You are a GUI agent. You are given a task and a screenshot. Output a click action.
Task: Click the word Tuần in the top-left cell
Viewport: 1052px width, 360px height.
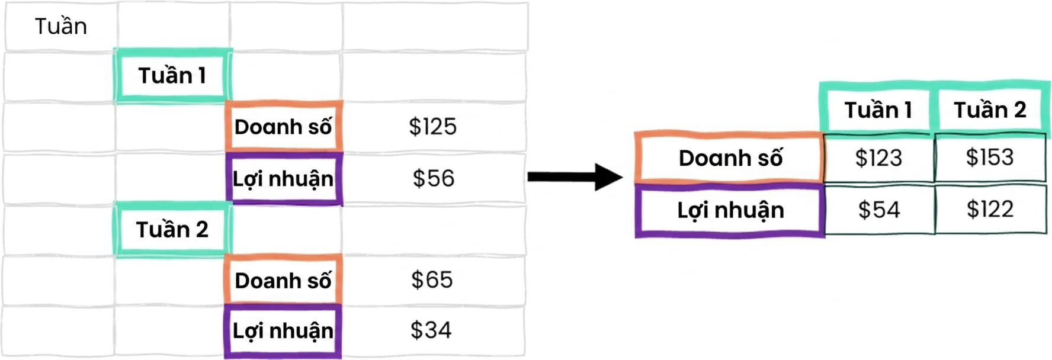(60, 26)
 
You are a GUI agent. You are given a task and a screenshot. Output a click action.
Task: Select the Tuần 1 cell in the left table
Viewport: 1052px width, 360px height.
(172, 75)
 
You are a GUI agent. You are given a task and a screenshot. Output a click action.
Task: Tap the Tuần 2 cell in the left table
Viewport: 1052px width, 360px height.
(172, 229)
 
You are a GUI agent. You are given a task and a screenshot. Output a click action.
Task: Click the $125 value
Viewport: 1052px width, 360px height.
(433, 127)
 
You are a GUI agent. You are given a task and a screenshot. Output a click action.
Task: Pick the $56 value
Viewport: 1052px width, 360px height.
(434, 178)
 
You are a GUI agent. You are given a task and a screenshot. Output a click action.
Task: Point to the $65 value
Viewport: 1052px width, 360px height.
(432, 279)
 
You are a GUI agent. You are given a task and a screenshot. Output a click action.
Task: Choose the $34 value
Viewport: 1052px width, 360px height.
(431, 330)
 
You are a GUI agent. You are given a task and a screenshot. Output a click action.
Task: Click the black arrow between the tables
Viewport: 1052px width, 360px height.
(575, 176)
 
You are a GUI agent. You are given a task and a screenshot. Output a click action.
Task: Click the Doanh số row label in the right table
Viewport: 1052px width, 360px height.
(730, 157)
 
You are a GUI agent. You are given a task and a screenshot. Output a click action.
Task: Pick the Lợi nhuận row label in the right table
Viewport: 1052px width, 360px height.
(730, 210)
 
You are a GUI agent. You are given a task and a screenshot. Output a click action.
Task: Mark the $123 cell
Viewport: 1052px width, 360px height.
(878, 157)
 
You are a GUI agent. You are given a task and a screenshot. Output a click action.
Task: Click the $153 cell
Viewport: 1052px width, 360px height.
(990, 157)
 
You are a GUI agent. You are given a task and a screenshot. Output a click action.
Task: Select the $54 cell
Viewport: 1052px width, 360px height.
(879, 210)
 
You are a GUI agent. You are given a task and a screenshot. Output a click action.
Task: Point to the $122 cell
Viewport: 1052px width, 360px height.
(990, 209)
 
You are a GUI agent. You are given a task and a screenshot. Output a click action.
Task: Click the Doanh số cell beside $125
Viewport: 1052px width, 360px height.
(283, 126)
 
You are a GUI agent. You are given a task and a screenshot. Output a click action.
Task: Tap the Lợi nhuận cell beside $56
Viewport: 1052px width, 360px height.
(284, 178)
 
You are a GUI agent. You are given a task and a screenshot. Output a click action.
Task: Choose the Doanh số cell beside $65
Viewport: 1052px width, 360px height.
(283, 280)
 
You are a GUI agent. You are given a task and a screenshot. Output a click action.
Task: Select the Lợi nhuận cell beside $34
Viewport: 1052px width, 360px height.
(283, 331)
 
